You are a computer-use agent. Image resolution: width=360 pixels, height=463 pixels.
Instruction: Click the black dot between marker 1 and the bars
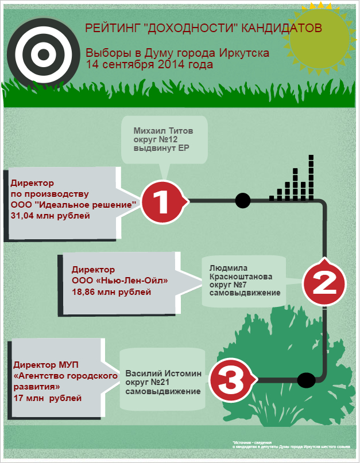pyautogui.click(x=243, y=201)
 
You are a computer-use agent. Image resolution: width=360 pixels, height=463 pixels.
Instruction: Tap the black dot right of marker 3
pyautogui.click(x=305, y=380)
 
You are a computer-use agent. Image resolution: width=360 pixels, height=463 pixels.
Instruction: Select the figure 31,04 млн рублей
pyautogui.click(x=51, y=216)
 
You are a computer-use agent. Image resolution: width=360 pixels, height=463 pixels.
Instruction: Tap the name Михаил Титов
pyautogui.click(x=163, y=130)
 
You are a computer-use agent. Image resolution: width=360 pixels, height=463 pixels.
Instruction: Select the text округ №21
pyautogui.click(x=148, y=382)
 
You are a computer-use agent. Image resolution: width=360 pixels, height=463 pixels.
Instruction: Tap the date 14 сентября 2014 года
pyautogui.click(x=149, y=64)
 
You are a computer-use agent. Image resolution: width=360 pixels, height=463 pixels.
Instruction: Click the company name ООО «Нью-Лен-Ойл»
pyautogui.click(x=119, y=281)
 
